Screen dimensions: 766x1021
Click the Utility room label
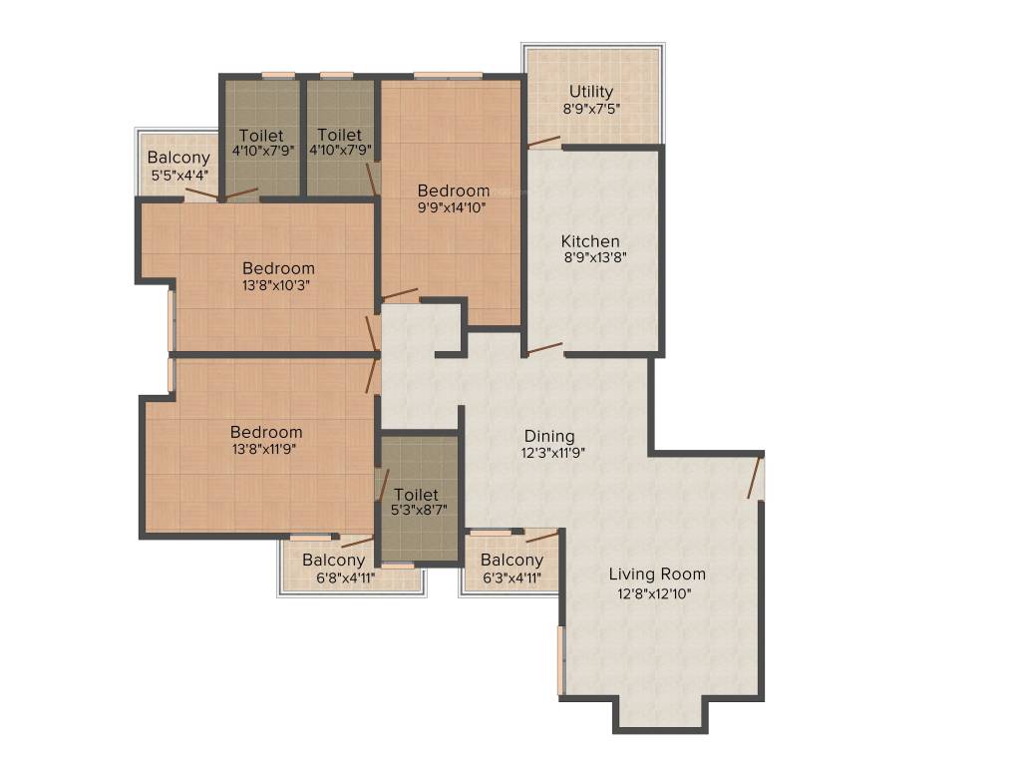591,92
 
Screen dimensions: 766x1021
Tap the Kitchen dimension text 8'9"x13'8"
594,257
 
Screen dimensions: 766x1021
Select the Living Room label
657,574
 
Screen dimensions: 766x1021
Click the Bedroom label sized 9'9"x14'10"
454,191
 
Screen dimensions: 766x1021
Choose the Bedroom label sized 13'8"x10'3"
278,268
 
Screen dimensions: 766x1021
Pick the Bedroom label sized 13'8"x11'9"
266,432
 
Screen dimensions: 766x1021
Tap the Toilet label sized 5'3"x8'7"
416,495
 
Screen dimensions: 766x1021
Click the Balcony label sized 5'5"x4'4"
178,158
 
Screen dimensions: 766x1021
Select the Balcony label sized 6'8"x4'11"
333,561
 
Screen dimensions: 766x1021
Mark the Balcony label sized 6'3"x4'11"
511,561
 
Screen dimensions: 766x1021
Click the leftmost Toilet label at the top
261,135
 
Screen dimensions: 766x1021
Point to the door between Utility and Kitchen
544,144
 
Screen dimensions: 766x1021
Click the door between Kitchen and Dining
544,349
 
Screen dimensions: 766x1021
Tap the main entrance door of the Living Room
756,476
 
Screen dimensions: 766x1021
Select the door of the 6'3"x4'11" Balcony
541,537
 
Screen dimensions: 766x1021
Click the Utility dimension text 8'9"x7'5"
592,109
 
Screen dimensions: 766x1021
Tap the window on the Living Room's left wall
561,658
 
